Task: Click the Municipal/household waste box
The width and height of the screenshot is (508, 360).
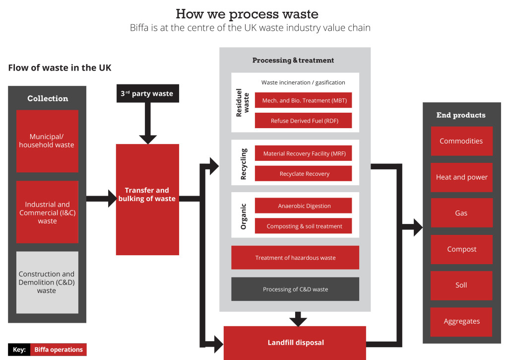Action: (47, 141)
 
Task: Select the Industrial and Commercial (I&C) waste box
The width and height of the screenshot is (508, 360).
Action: (47, 212)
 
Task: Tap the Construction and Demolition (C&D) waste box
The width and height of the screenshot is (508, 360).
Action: (47, 282)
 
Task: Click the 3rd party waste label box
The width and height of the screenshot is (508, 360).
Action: (147, 93)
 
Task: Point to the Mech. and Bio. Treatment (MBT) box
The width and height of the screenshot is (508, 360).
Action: (303, 100)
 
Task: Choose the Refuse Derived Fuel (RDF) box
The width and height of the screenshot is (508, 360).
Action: (303, 121)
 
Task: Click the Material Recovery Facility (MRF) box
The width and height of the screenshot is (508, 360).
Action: (303, 153)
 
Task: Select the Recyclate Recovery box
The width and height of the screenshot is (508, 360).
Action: (303, 174)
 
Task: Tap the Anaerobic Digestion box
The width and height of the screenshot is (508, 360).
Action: (303, 206)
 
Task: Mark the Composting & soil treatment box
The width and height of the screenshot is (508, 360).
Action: (303, 226)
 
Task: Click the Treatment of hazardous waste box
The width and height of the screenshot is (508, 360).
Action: (295, 258)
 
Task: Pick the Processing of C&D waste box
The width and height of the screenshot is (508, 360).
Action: (295, 289)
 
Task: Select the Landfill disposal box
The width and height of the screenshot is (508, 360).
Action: (295, 343)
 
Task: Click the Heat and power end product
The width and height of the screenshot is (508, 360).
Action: (461, 177)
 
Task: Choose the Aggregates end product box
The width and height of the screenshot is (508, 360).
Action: (461, 322)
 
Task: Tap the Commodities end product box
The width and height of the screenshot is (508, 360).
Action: (461, 141)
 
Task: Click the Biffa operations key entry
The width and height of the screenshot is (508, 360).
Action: (58, 350)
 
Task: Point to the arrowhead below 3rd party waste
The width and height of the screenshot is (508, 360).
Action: (147, 139)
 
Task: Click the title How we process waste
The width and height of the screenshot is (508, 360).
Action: (247, 13)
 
